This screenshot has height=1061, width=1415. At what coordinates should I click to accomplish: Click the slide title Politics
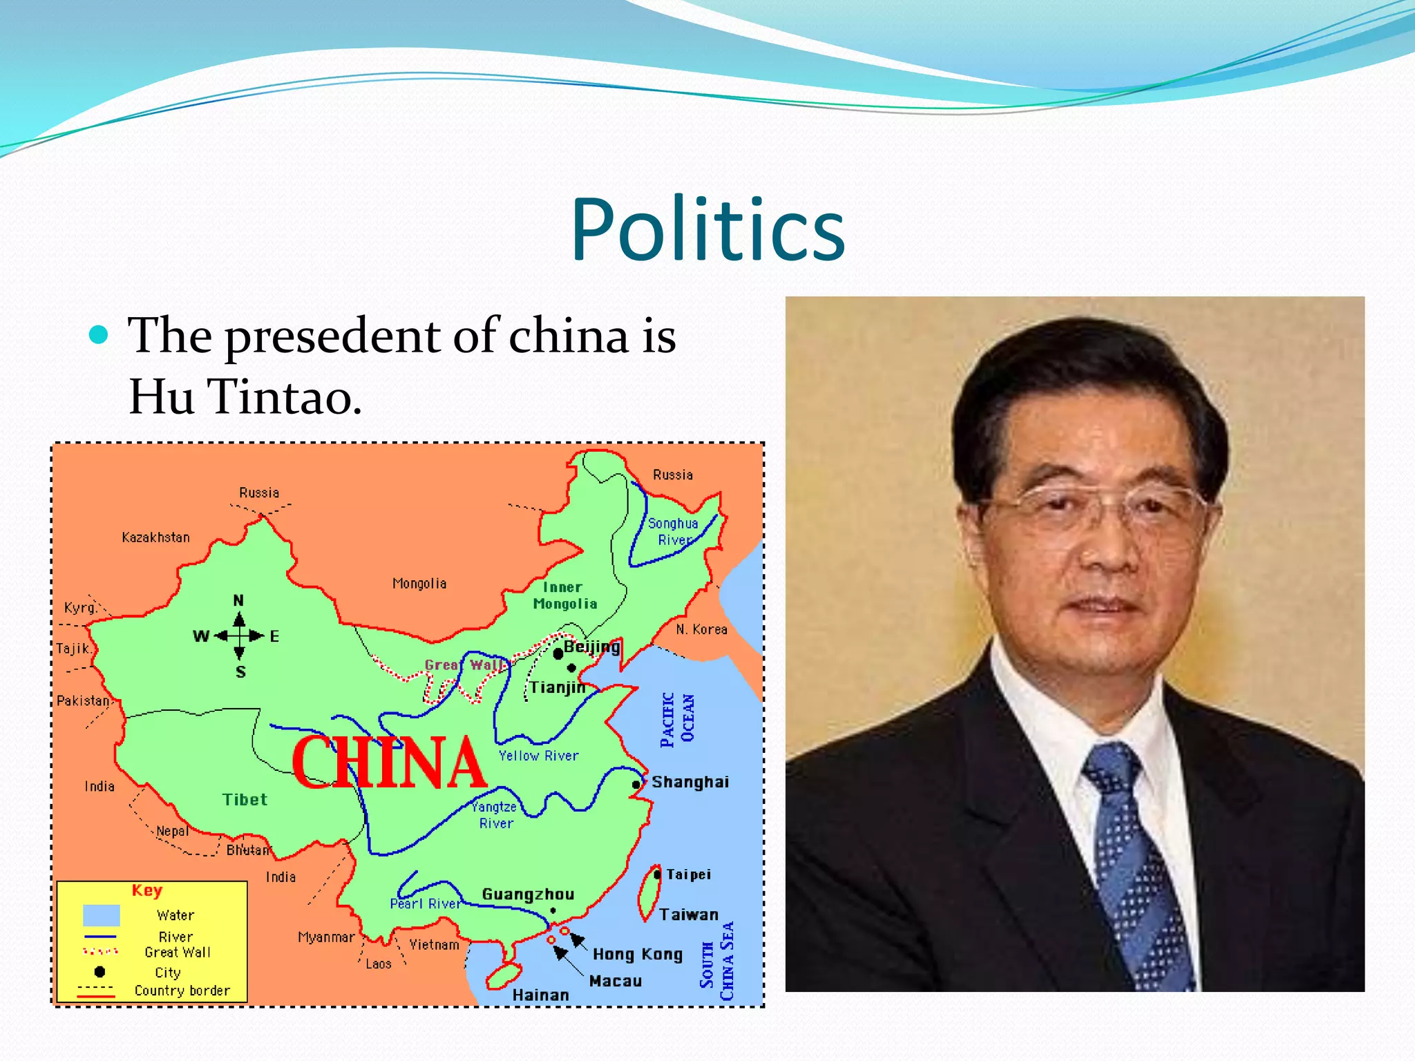tap(707, 229)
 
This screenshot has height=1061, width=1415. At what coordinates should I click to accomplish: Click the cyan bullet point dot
tap(99, 336)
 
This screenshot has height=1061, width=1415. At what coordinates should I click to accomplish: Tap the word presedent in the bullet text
tap(333, 337)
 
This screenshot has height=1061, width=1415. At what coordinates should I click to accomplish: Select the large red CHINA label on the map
tap(389, 763)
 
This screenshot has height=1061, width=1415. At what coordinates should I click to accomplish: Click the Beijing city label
tap(591, 647)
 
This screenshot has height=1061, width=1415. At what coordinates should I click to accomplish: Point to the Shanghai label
tap(690, 782)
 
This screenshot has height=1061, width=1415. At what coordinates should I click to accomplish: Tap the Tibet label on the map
tap(245, 800)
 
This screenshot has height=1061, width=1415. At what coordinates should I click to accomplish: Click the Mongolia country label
tap(419, 584)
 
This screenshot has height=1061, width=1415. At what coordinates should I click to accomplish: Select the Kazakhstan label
tap(155, 537)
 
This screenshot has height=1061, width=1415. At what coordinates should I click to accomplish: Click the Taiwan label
tap(689, 915)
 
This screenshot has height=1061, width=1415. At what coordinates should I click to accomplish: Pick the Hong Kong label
tap(637, 955)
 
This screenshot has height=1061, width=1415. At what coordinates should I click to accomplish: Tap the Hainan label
tap(540, 995)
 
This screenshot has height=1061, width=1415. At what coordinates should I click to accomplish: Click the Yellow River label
tap(538, 756)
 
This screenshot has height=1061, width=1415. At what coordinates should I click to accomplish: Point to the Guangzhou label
tap(528, 895)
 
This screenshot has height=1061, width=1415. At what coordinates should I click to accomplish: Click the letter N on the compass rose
tap(238, 600)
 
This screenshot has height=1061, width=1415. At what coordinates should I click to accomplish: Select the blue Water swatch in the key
tap(102, 915)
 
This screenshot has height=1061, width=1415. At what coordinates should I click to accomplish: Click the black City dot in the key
tap(99, 972)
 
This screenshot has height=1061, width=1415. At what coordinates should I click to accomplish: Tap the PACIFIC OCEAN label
tap(677, 719)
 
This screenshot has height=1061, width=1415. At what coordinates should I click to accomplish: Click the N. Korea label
tap(701, 629)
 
